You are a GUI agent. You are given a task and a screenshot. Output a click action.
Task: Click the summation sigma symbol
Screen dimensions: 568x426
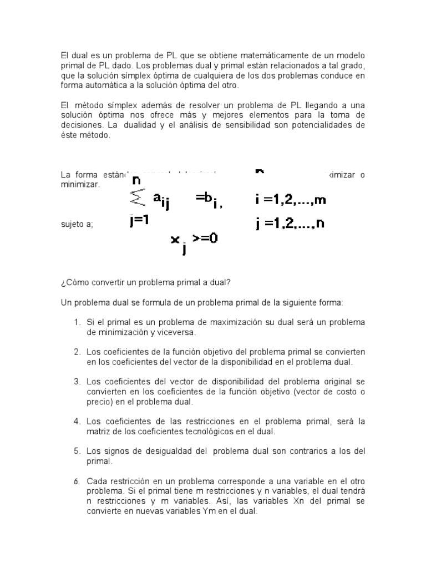(x=136, y=198)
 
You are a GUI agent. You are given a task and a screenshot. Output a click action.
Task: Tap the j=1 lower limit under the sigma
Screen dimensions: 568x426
(x=140, y=220)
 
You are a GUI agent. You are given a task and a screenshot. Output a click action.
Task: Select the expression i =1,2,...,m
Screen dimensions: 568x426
(x=291, y=200)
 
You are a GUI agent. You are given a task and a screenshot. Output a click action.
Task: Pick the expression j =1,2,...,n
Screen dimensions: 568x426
(x=290, y=224)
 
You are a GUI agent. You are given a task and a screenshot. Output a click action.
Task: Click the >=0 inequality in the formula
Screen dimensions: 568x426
(x=205, y=238)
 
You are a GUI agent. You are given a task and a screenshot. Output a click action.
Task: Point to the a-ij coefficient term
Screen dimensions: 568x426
(x=161, y=201)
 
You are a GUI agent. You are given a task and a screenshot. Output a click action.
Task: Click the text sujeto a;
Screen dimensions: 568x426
(x=77, y=225)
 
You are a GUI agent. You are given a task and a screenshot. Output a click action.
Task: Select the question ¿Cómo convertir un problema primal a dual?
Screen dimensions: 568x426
(x=145, y=282)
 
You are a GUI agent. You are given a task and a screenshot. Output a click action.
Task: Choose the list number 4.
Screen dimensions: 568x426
(x=77, y=422)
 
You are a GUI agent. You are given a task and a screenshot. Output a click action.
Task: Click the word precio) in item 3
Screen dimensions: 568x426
(x=100, y=402)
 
